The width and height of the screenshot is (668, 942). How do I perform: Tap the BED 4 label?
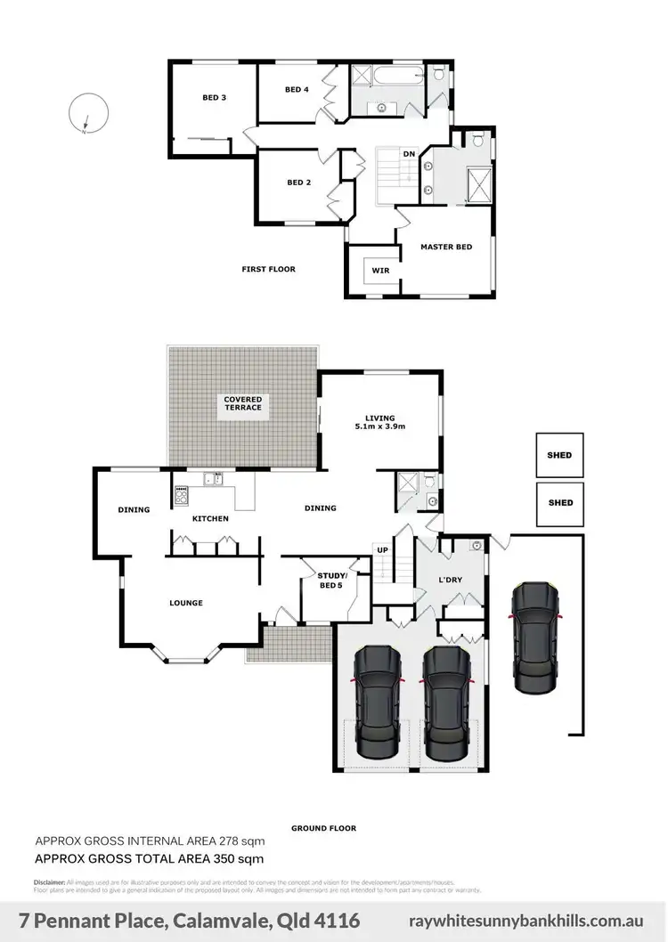coord(297,89)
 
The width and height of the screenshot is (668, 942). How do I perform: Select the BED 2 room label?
coord(298,183)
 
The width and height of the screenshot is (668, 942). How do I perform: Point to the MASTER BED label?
coord(446,247)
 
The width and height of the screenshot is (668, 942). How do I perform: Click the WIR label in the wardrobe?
coord(380,271)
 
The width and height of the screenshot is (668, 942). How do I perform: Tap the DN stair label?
coord(409,154)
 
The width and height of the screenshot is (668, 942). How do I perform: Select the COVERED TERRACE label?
coord(242,402)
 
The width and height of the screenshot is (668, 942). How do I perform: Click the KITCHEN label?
coord(211,518)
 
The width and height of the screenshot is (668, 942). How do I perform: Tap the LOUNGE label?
coord(186,603)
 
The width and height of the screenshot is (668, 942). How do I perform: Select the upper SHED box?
coord(559,455)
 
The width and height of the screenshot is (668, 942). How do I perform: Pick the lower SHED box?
coord(560,503)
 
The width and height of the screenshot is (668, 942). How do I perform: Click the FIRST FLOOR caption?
coord(268,269)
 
